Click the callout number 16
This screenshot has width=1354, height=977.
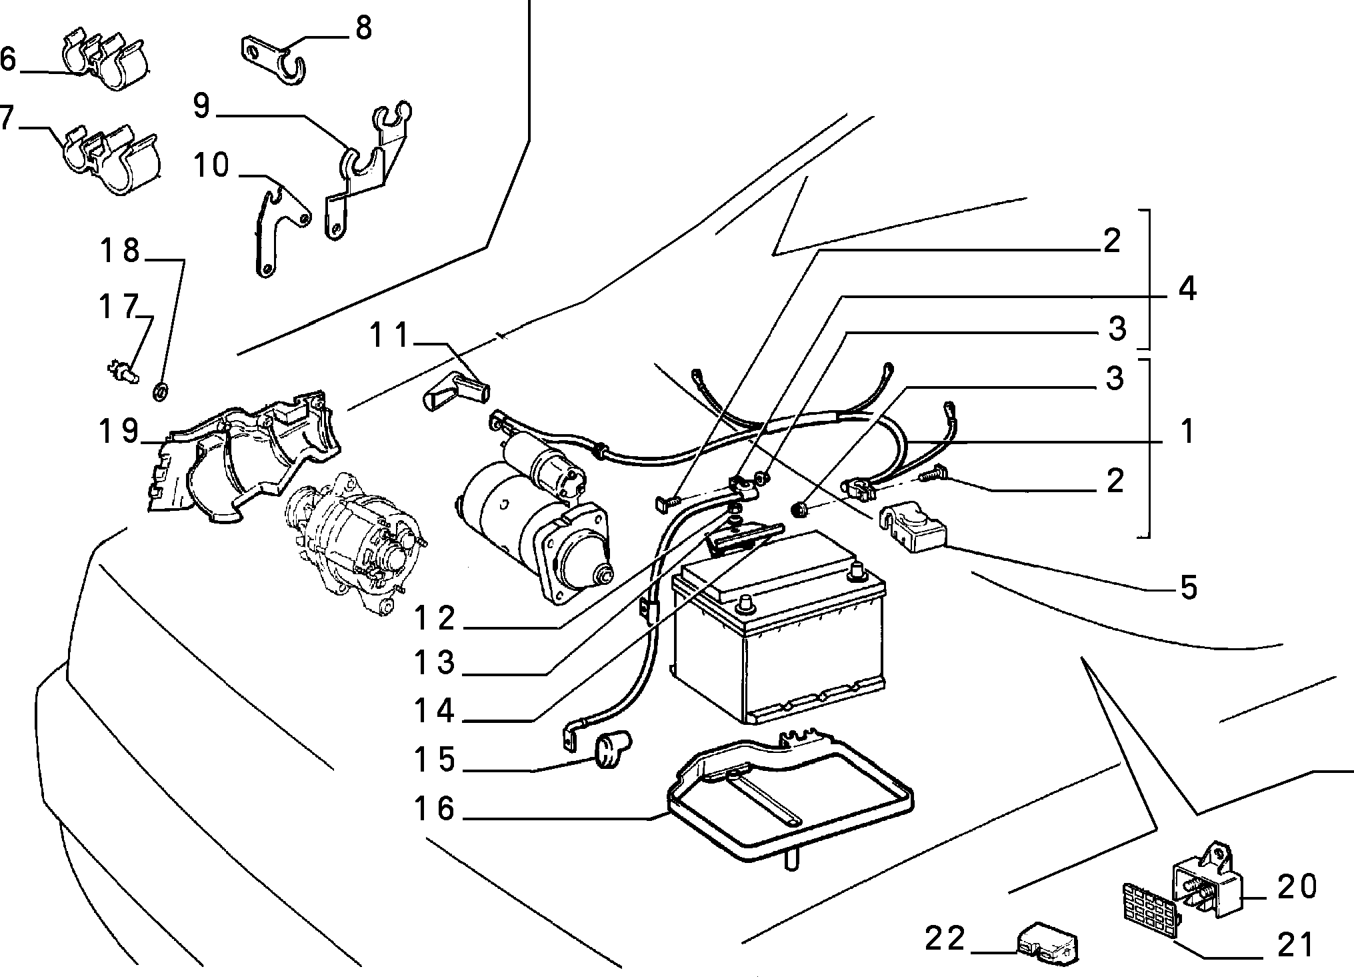click(x=434, y=809)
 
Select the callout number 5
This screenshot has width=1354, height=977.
click(x=1189, y=588)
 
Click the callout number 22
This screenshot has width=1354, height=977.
click(x=945, y=940)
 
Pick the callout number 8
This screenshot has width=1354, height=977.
click(x=363, y=28)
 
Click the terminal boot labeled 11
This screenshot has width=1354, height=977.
click(x=455, y=391)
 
